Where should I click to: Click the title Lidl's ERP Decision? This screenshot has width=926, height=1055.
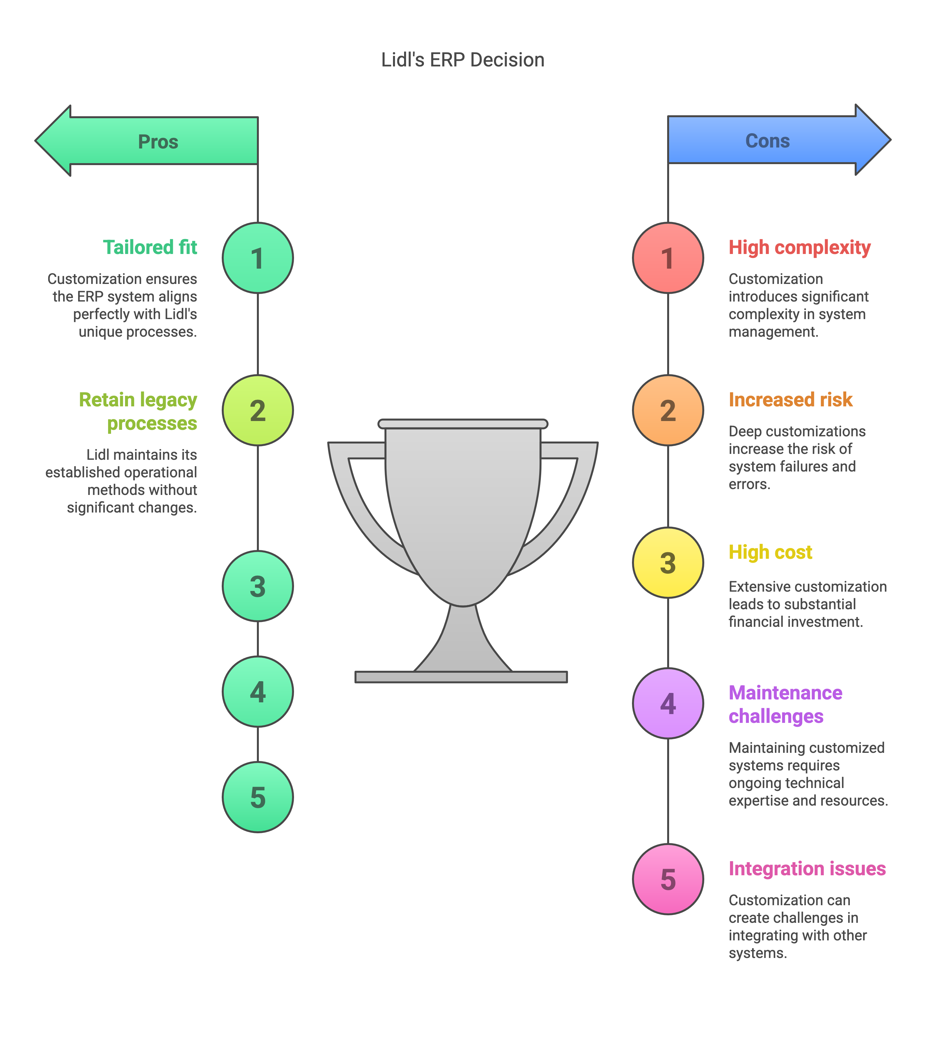tap(462, 60)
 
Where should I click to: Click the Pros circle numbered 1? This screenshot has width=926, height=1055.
tap(258, 258)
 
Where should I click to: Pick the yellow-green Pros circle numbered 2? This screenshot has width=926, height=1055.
tap(258, 410)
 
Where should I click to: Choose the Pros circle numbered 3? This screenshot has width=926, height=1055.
tap(258, 586)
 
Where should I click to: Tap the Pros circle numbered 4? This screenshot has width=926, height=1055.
tap(258, 692)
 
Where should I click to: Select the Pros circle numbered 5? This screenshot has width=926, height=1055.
tap(258, 797)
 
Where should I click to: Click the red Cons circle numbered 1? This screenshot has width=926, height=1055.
tap(668, 258)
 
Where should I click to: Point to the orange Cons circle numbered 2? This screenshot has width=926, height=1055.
tap(668, 410)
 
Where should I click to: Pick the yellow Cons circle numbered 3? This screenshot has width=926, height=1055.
tap(668, 563)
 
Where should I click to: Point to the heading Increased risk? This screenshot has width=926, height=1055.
tap(790, 400)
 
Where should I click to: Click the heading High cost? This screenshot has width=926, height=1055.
tap(770, 552)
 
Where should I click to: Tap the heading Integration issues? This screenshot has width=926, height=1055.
tap(807, 869)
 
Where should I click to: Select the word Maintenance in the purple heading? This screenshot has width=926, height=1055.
tap(785, 693)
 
